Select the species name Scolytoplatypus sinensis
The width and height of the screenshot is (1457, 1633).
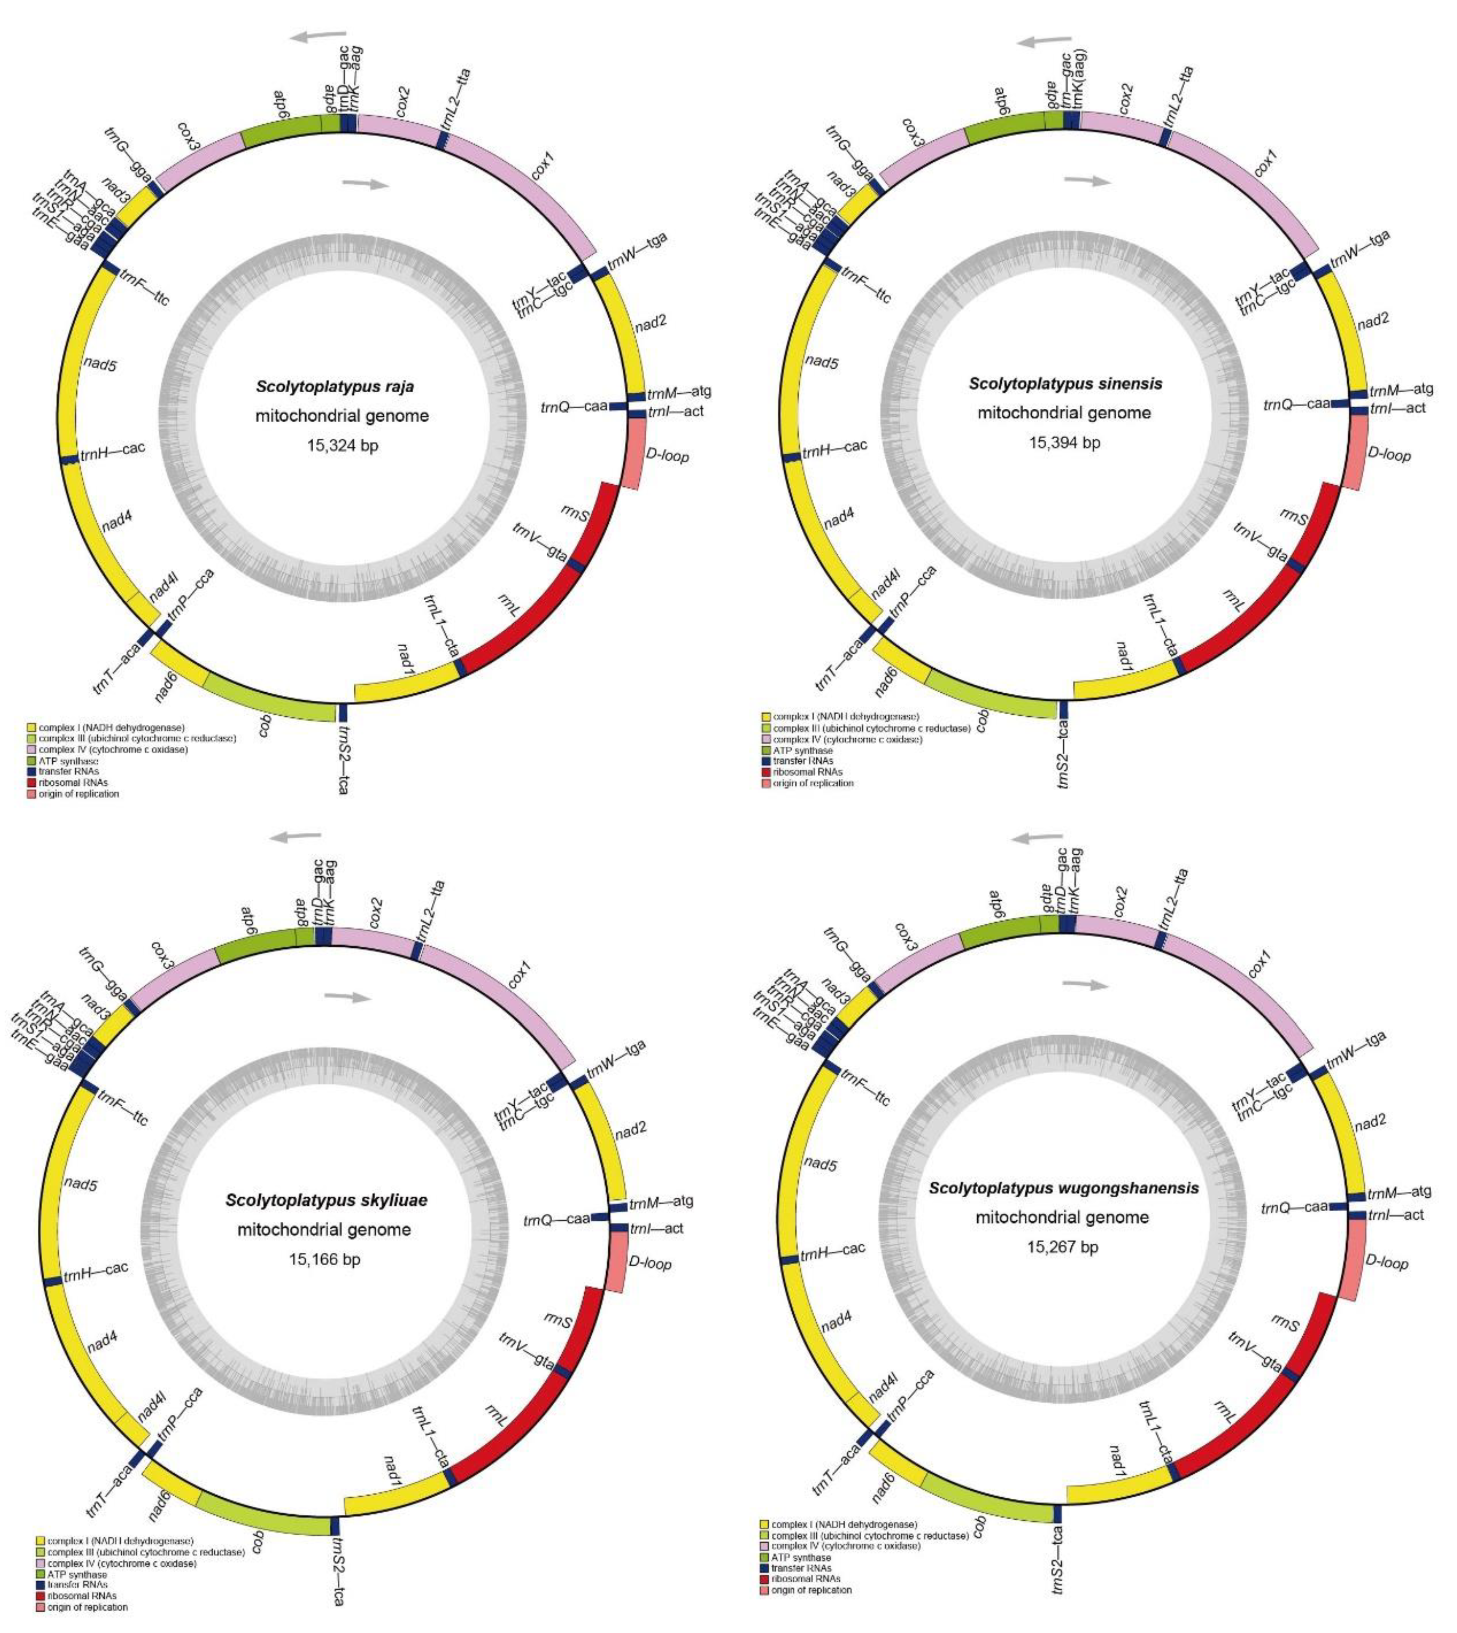[1065, 383]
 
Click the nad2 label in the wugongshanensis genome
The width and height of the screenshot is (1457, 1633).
[1370, 1121]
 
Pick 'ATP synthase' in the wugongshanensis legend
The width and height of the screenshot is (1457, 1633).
[801, 1557]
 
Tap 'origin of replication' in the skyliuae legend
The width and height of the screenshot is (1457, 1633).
[86, 1606]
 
